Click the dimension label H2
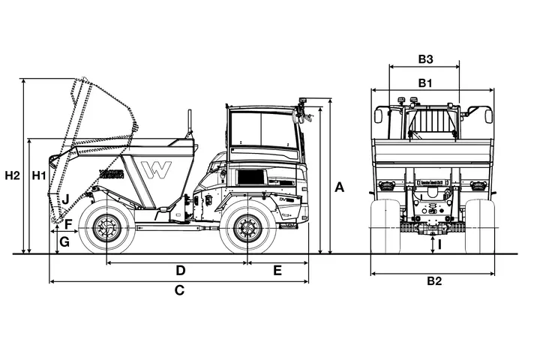point(11,176)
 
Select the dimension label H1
point(39,176)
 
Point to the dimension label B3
point(425,58)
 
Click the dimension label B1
point(425,82)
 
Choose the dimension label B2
point(433,282)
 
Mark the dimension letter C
point(179,290)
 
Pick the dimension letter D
point(180,270)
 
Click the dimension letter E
point(277,270)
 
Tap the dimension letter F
point(68,224)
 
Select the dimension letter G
point(65,241)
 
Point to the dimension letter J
point(67,199)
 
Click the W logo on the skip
point(159,169)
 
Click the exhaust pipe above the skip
point(190,123)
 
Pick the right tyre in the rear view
point(480,225)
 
